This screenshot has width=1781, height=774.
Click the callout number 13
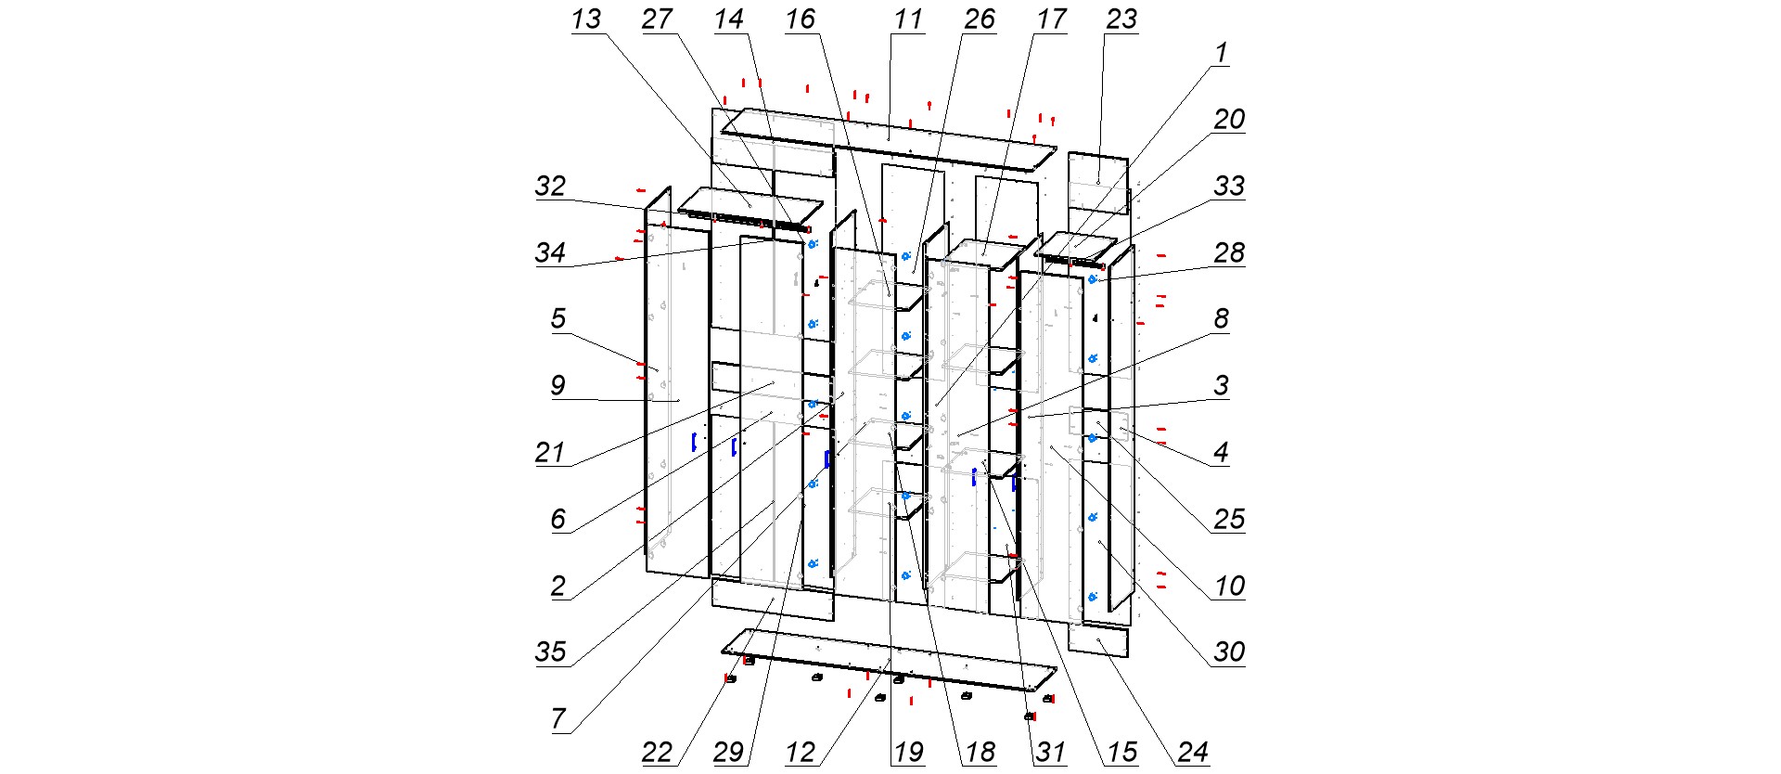[x=586, y=19]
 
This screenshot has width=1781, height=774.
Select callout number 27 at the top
[x=658, y=19]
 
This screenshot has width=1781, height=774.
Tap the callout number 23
[x=1121, y=19]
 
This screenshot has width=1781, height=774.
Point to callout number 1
[x=1222, y=53]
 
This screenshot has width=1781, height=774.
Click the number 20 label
[x=1229, y=120]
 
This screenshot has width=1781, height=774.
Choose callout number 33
[x=1229, y=187]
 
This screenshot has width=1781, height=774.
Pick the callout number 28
[x=1229, y=252]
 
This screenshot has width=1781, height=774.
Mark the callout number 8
[x=1222, y=319]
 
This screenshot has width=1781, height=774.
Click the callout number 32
[x=550, y=187]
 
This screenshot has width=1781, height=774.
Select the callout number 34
[x=550, y=252]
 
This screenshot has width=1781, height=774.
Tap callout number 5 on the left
[x=557, y=319]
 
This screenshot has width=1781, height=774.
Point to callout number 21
[x=550, y=452]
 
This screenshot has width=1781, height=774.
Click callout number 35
[x=550, y=651]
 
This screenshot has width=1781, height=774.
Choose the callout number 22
[x=658, y=752]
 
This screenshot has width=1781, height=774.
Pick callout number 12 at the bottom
[x=800, y=752]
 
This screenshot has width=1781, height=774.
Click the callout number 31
[x=1050, y=752]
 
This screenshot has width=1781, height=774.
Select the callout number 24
[x=1193, y=752]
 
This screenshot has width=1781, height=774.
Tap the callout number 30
[x=1229, y=651]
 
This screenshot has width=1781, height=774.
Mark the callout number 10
[x=1229, y=586]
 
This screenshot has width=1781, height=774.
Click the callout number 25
[x=1229, y=519]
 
